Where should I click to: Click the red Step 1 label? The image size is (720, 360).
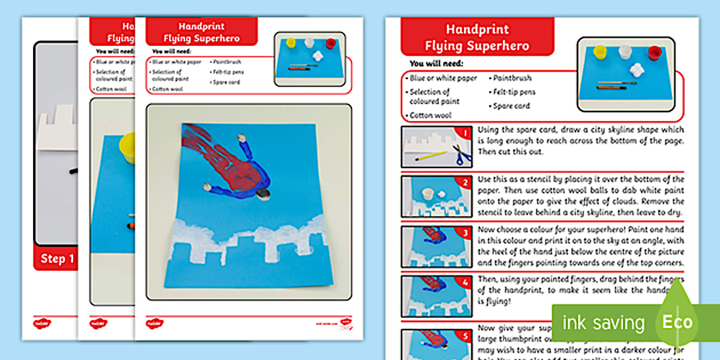pyautogui.click(x=57, y=258)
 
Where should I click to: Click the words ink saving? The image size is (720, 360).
pyautogui.click(x=603, y=323)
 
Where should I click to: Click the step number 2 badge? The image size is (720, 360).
pyautogui.click(x=466, y=183)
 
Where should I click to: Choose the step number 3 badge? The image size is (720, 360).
pyautogui.click(x=466, y=233)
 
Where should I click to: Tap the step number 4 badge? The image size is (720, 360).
pyautogui.click(x=466, y=282)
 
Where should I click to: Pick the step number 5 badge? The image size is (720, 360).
pyautogui.click(x=466, y=335)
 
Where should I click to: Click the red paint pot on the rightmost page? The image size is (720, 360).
pyautogui.click(x=655, y=54)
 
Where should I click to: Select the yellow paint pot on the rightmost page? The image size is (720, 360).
pyautogui.click(x=599, y=53)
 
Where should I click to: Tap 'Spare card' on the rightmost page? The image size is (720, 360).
pyautogui.click(x=511, y=106)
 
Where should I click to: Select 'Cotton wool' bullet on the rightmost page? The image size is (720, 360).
pyautogui.click(x=430, y=115)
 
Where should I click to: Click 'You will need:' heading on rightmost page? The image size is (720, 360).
pyautogui.click(x=436, y=63)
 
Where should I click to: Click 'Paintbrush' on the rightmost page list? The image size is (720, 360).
pyautogui.click(x=512, y=78)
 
